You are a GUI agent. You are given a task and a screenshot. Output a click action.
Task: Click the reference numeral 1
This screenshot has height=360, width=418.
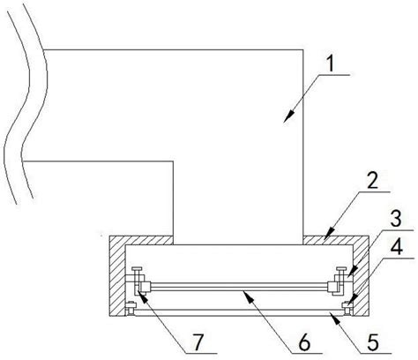331,64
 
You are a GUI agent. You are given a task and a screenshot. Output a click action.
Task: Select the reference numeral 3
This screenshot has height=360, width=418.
396,219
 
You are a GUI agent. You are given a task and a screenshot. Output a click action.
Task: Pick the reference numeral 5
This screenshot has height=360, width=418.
372,342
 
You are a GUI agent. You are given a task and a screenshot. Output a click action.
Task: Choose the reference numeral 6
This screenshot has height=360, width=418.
304,342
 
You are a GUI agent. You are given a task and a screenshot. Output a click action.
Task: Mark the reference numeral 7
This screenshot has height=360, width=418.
199,342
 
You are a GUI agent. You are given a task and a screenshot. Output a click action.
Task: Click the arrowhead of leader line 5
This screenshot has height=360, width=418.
332,318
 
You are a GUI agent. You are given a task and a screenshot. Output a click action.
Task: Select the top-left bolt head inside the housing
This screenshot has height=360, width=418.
137,268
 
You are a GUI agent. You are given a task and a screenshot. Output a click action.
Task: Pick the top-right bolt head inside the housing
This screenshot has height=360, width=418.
341,268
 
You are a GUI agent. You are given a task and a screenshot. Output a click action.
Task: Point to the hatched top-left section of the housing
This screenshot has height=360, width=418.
141,240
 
